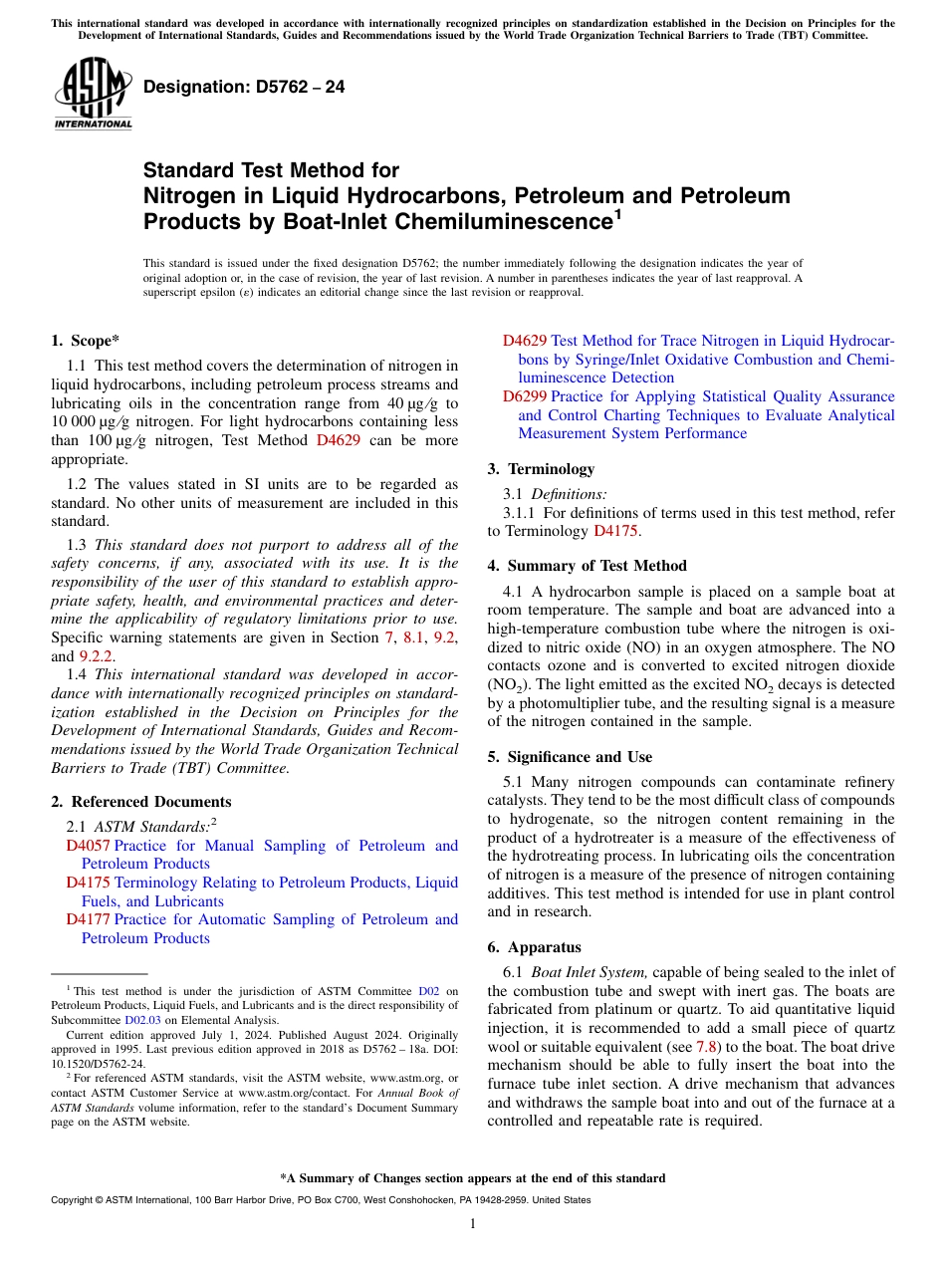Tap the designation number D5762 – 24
(x=244, y=87)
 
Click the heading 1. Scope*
(x=86, y=340)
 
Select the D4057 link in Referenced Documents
(x=88, y=846)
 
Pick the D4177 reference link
(x=88, y=919)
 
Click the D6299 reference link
(x=524, y=396)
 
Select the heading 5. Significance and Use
(x=570, y=757)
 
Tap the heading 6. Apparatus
(x=534, y=947)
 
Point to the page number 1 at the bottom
(x=473, y=1224)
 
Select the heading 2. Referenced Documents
(x=141, y=802)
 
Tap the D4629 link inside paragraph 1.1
(x=338, y=440)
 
